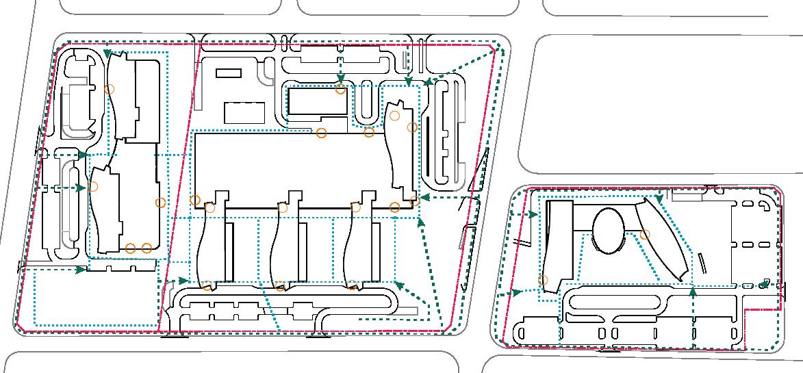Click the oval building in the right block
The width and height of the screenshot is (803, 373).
coord(608,231)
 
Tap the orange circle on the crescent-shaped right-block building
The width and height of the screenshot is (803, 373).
coord(644,235)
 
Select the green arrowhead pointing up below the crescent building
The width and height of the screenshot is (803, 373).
coord(693,292)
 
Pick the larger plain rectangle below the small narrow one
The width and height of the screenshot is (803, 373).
coord(244,112)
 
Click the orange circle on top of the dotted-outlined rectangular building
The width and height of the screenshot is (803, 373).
coord(340,90)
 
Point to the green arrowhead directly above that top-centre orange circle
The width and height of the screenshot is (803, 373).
coord(340,79)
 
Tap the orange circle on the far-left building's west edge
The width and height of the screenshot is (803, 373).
coord(94,186)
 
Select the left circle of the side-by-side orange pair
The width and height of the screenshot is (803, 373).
coord(131,248)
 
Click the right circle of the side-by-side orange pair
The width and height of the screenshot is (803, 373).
coord(146,248)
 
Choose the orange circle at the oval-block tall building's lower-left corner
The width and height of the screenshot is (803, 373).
coord(543,280)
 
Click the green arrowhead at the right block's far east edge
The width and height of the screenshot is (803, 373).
coord(765,284)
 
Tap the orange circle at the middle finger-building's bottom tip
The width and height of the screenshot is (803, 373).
coord(280,286)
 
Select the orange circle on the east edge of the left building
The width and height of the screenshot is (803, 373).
coord(161,203)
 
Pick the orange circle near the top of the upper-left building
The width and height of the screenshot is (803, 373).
coord(109,88)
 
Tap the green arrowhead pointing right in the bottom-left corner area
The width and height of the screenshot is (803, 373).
coord(81,270)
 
